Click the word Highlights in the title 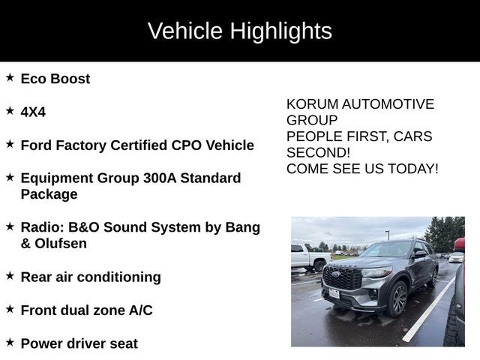coord(280,31)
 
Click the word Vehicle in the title coord(185,31)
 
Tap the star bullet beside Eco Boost coord(10,77)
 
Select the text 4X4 coord(33,112)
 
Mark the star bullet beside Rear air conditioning coord(10,275)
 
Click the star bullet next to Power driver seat coord(10,342)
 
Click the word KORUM coord(311,104)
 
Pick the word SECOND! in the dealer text coord(318,152)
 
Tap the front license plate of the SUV coord(334,292)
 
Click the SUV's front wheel coord(397,298)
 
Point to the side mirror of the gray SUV coord(419,255)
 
